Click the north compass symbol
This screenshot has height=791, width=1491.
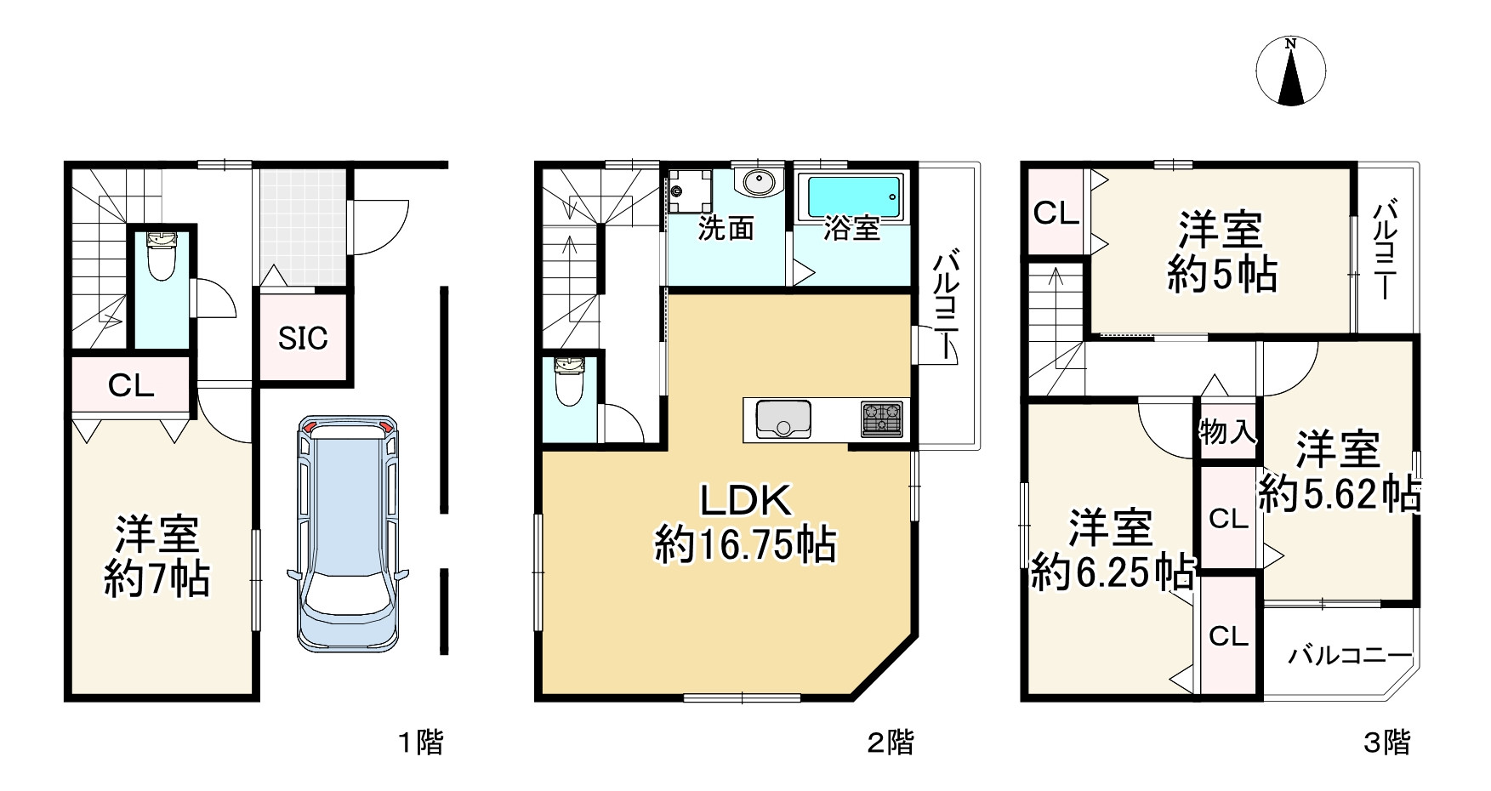[1290, 71]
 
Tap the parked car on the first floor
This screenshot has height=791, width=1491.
[347, 533]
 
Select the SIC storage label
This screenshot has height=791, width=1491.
[303, 339]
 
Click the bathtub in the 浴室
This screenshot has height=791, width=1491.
[853, 196]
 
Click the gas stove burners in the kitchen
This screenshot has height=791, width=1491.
[881, 418]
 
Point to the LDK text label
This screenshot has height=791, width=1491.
[746, 500]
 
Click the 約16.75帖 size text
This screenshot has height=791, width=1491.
[745, 545]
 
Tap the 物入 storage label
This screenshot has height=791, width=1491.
[1227, 432]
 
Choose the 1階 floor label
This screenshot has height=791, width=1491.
[422, 743]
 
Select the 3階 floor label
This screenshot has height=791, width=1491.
[1387, 743]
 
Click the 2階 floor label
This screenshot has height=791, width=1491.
[891, 743]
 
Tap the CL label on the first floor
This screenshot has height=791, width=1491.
[131, 386]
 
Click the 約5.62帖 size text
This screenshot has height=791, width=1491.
[1340, 493]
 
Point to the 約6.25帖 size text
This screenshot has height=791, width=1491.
[1112, 573]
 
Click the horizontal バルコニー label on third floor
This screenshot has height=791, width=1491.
[1350, 656]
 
